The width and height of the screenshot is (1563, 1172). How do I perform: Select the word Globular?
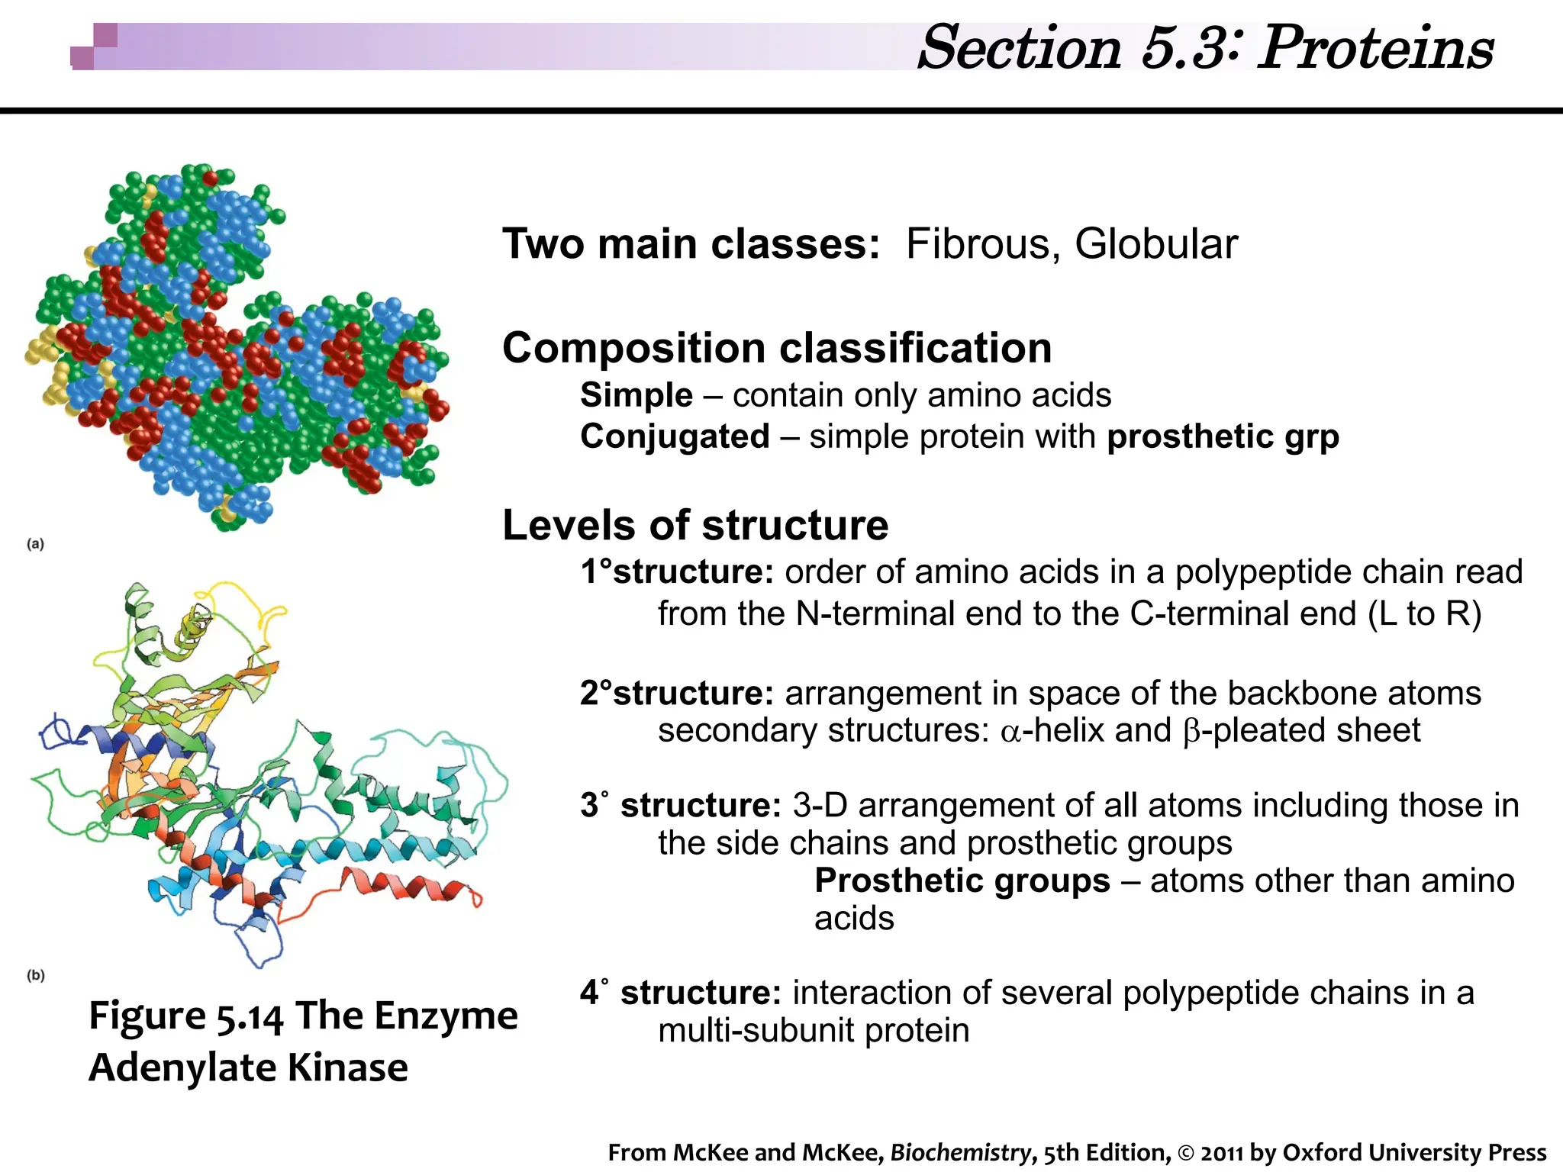click(1155, 245)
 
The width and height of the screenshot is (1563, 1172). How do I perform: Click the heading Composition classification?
click(777, 349)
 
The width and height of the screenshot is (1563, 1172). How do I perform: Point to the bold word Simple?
click(636, 395)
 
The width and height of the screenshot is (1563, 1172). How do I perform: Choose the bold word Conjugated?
click(675, 437)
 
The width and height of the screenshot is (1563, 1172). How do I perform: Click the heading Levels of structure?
click(695, 526)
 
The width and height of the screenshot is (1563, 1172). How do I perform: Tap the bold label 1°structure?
click(678, 572)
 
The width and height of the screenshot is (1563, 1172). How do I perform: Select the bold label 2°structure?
click(678, 693)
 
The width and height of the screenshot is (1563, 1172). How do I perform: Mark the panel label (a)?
click(36, 544)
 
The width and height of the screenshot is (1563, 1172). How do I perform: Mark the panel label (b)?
click(36, 975)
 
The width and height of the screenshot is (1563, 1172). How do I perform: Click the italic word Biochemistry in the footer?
click(960, 1152)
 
